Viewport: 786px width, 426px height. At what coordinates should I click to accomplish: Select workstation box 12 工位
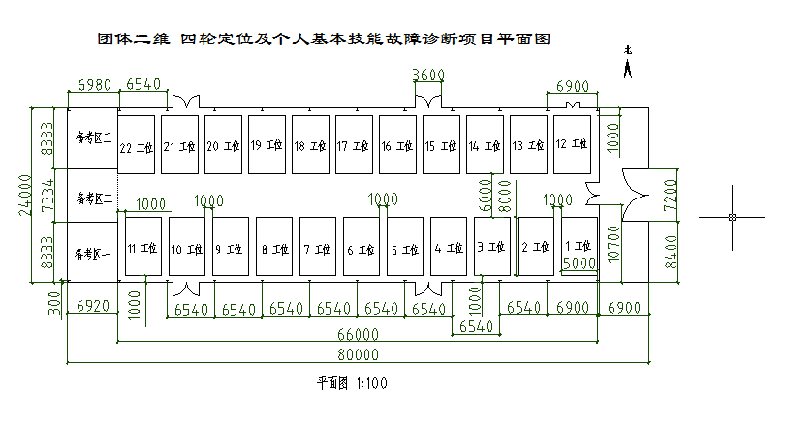[x=572, y=144]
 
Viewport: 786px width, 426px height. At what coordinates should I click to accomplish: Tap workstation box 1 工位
[x=579, y=247]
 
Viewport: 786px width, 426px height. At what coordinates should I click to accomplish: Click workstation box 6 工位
[x=362, y=248]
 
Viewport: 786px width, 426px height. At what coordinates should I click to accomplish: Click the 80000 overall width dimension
[x=354, y=356]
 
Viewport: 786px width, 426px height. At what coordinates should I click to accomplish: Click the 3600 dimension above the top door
[x=428, y=76]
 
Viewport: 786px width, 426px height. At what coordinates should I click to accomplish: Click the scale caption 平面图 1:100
[x=353, y=383]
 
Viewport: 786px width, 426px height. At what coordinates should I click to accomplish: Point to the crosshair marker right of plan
[x=732, y=216]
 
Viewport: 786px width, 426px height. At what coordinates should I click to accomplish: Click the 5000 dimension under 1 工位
[x=579, y=262]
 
